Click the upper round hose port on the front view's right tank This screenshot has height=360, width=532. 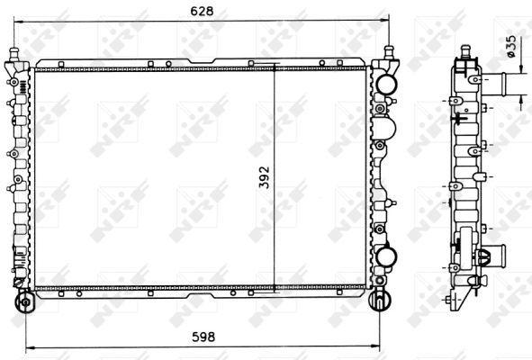tap(387, 84)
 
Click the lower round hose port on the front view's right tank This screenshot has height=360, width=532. tap(387, 256)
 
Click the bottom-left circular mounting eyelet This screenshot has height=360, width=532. tap(25, 300)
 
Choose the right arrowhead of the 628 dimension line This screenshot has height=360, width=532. tap(387, 20)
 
